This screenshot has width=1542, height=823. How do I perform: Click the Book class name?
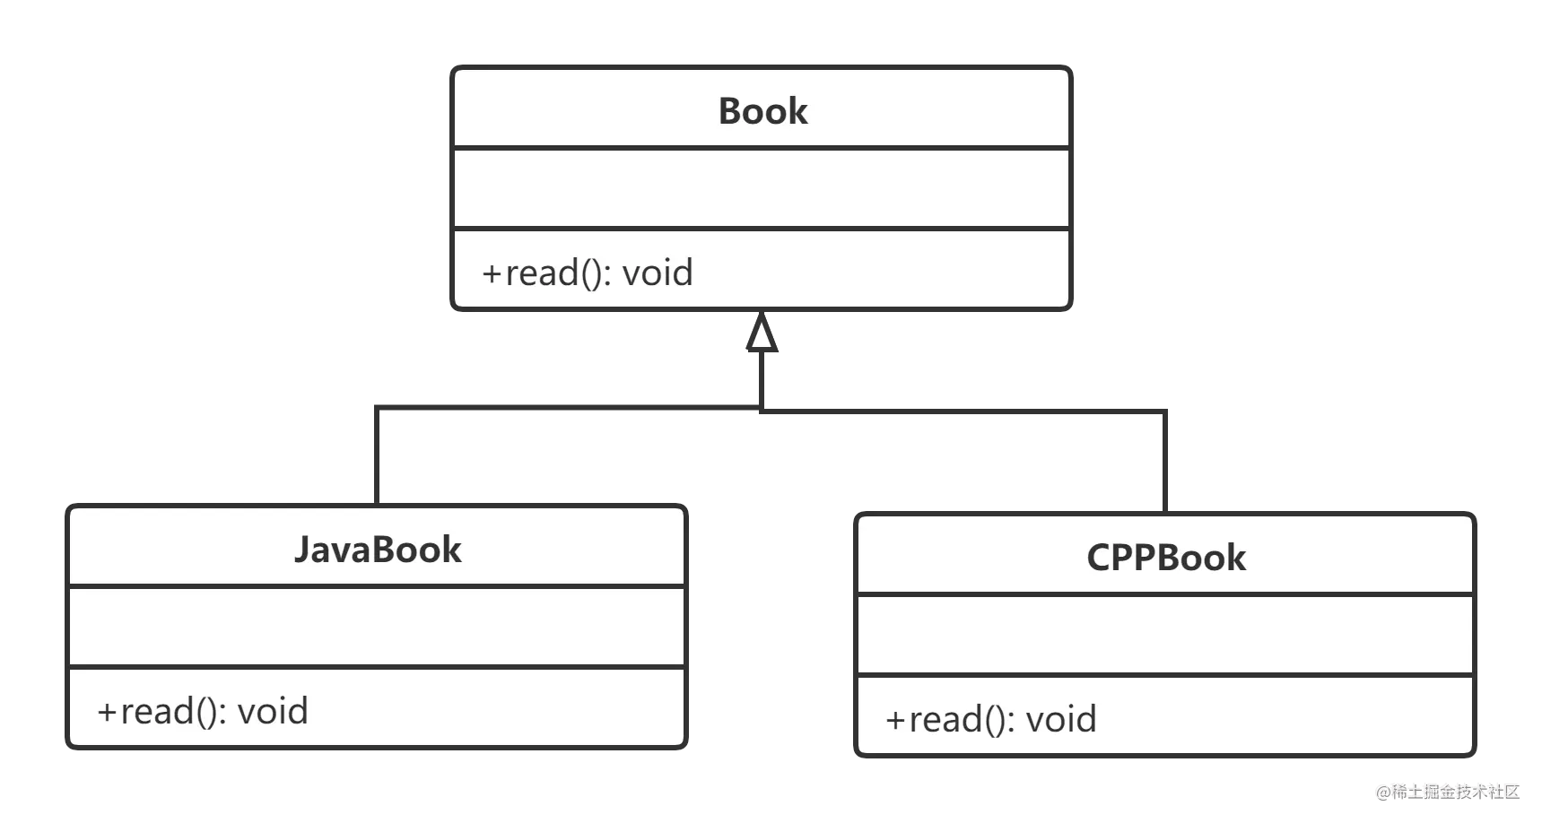coord(762,111)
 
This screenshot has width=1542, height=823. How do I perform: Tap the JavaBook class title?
coord(378,550)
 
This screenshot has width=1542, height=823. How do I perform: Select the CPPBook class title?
coord(1166,558)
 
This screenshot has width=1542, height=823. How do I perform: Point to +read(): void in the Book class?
coord(588,273)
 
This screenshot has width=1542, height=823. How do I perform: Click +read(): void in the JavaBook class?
coord(203,711)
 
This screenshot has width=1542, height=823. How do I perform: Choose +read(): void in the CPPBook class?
coord(991,719)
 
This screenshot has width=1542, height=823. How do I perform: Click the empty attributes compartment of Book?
coord(762,188)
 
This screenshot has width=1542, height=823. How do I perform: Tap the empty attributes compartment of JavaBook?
coord(377,627)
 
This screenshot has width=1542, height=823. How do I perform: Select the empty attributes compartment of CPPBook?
coord(1165,635)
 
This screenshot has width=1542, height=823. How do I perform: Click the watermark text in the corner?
coord(1448,792)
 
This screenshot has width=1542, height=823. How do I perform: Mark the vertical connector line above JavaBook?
coord(377,455)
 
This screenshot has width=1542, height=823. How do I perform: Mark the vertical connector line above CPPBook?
coord(1165,462)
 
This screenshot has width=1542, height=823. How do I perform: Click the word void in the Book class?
coord(658,273)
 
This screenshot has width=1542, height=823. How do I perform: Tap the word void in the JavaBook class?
coord(273,711)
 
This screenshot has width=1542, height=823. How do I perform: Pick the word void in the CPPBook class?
coord(1061,719)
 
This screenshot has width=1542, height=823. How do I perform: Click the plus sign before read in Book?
coord(492,273)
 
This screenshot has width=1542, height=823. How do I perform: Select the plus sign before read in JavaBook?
coord(107,712)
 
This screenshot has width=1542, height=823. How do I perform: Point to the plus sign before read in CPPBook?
coord(895,720)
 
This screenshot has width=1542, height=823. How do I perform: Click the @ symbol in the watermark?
coord(1383,793)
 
